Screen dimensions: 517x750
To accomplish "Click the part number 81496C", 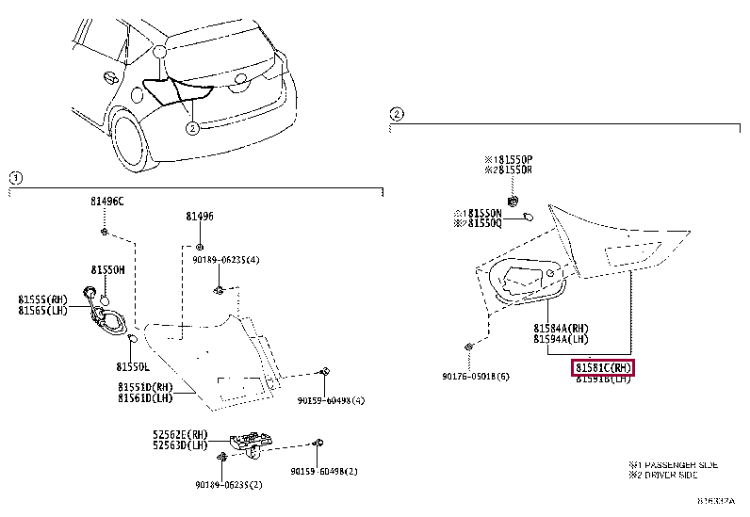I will pos(106,202).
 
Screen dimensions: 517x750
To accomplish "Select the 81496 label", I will pos(199,216).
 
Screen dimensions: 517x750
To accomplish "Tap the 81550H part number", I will pos(107,268).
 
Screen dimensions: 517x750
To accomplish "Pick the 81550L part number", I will pos(133,365).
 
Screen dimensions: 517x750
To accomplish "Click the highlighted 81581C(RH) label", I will pos(604,367).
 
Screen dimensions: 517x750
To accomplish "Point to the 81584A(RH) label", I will pos(562,329).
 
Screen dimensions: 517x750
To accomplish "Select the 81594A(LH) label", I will pos(562,339).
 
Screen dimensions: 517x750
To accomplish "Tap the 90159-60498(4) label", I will pos(331,400).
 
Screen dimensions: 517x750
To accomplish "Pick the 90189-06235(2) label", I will pos(228,485).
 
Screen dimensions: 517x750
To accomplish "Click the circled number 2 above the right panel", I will pos(397,115).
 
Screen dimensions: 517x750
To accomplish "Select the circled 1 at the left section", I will pos(16,178).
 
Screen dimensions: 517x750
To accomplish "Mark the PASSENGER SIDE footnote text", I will pos(675,465).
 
